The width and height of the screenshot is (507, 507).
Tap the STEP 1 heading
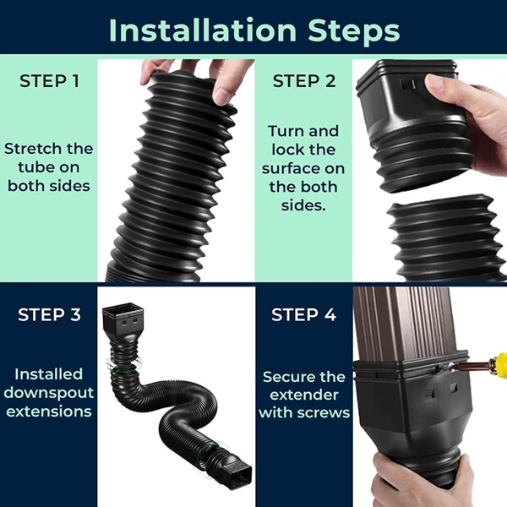(x=48, y=82)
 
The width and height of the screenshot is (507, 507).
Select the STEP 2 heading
(x=303, y=82)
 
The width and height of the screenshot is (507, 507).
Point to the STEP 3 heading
(x=49, y=315)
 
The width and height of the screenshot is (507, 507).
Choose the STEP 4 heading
(x=303, y=315)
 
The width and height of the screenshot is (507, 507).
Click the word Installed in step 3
(x=48, y=373)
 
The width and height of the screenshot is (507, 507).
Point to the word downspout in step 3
(x=48, y=393)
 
